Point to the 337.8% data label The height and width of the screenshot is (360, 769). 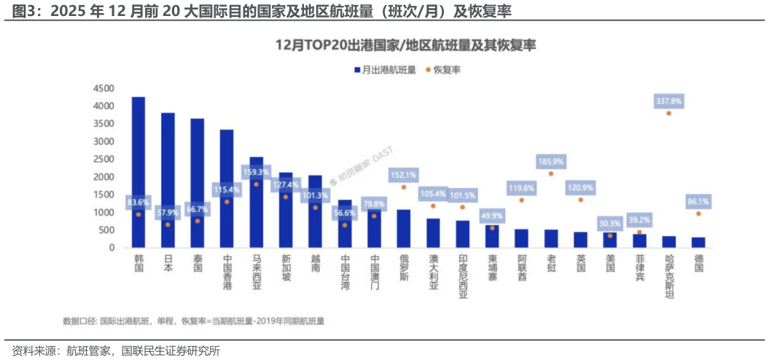point(668,101)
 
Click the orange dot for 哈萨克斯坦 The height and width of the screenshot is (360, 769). point(668,114)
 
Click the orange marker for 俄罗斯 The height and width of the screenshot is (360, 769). point(403,187)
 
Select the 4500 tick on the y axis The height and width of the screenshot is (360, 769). point(103,88)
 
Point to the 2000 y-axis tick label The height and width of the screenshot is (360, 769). point(103,177)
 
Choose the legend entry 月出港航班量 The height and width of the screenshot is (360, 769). point(385,70)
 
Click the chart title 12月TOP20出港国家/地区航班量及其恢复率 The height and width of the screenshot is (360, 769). point(405,45)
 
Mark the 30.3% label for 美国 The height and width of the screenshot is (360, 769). point(610,224)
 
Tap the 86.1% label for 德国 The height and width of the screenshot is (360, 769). point(698,201)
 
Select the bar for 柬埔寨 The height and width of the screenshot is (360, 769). point(492,236)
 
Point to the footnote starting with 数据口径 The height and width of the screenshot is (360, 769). point(194,321)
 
